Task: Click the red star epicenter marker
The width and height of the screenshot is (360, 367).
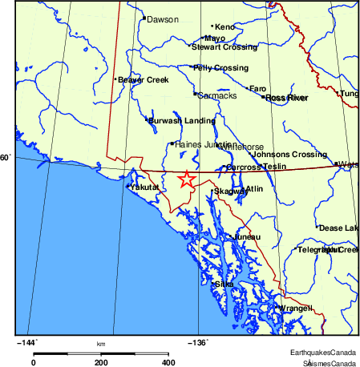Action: tap(186, 179)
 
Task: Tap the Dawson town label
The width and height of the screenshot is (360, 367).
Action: tap(163, 19)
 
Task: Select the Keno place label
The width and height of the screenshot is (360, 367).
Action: tap(224, 27)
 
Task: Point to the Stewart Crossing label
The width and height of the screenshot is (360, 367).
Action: tap(225, 46)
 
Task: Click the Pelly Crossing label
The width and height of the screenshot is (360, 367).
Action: tap(222, 68)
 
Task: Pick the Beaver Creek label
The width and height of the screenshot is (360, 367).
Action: tap(141, 80)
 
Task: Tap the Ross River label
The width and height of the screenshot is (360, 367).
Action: tap(287, 98)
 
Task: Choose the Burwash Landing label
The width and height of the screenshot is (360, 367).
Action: tap(181, 121)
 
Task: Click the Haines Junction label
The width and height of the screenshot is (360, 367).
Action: tap(206, 144)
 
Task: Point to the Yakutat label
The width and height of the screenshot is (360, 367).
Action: tap(146, 187)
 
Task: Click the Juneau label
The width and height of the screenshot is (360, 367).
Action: tap(247, 238)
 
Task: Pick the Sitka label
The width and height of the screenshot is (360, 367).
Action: tap(224, 284)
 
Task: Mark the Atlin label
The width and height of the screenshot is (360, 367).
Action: tap(254, 189)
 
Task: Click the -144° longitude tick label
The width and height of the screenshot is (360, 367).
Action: tap(29, 342)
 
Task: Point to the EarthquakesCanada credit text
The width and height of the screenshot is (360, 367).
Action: tap(323, 353)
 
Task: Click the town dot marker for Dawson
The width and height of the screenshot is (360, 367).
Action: tap(144, 18)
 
